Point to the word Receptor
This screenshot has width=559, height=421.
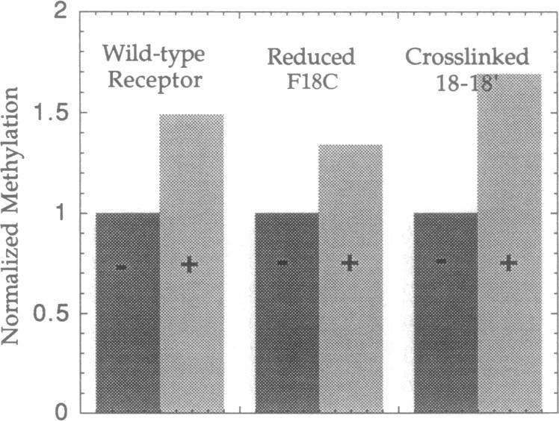(155, 80)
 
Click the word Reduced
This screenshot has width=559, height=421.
(302, 56)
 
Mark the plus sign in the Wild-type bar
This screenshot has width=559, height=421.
(190, 263)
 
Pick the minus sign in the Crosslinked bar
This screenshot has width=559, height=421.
(442, 261)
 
